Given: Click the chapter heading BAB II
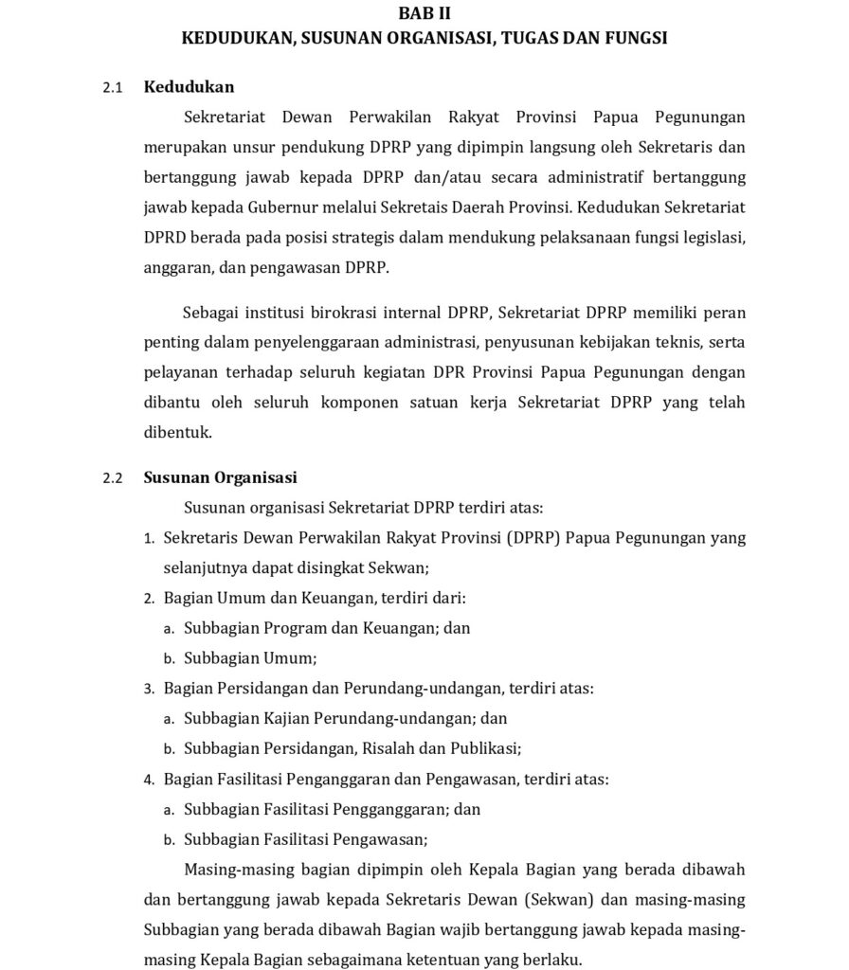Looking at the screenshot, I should point(424,13).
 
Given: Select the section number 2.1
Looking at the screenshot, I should point(114,88).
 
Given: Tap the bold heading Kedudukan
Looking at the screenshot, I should point(189,87).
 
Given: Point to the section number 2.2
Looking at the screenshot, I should point(114,478).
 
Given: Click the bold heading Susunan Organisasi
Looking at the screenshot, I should point(220,477).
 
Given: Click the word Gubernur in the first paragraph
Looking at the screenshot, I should point(280,207).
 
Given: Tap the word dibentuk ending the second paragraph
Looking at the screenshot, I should point(178,433).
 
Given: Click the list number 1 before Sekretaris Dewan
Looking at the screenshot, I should point(149,539).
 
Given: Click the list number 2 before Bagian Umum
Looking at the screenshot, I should point(149,599).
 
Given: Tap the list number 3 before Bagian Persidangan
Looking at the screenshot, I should point(149,689).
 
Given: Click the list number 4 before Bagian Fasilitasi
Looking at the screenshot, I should point(149,781).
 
